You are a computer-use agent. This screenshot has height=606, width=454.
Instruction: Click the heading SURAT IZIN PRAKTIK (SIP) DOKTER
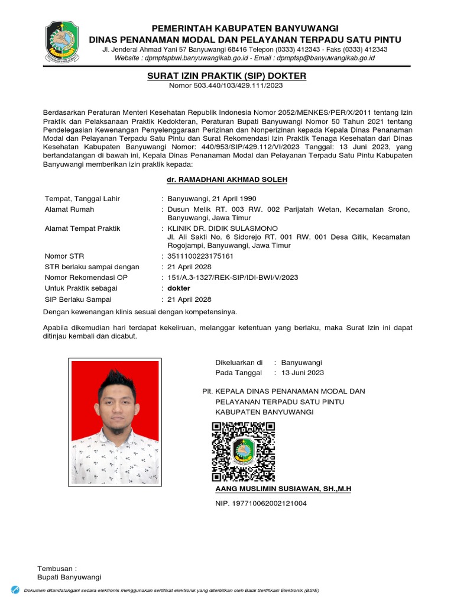[227, 76]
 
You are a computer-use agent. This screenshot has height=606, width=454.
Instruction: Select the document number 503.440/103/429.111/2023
[237, 86]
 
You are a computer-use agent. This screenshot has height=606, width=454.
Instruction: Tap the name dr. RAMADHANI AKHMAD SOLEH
[227, 179]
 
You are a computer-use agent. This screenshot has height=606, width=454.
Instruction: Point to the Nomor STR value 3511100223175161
[200, 256]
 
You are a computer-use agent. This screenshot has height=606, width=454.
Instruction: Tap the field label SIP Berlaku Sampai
[78, 299]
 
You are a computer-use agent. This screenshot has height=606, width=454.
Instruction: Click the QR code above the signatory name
[243, 451]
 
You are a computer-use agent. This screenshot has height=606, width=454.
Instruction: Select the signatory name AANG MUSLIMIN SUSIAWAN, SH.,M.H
[283, 489]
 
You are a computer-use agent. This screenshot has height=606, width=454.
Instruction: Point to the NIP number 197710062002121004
[261, 504]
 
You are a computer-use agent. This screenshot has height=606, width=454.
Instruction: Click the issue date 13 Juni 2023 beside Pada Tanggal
[302, 373]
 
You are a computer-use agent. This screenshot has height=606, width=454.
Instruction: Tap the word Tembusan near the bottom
[57, 568]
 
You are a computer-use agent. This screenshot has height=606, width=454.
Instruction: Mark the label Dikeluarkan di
[238, 362]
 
